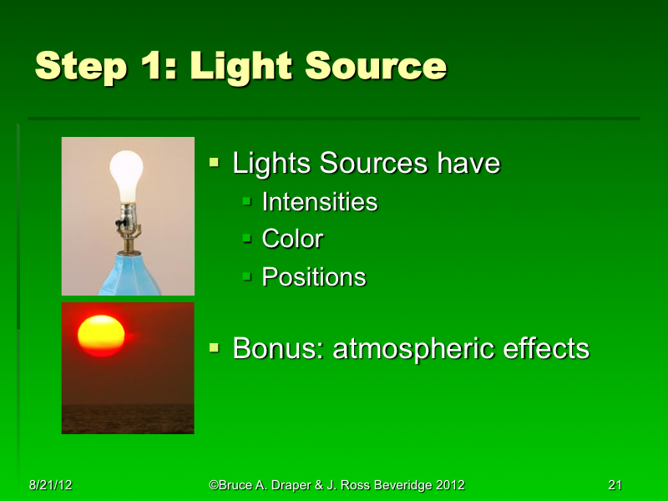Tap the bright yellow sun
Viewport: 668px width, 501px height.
101,334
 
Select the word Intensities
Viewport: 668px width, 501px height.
319,202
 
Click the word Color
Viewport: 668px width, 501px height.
292,240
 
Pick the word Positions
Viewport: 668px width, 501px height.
314,277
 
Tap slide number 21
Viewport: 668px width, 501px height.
616,485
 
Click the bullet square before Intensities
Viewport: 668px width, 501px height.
247,201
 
